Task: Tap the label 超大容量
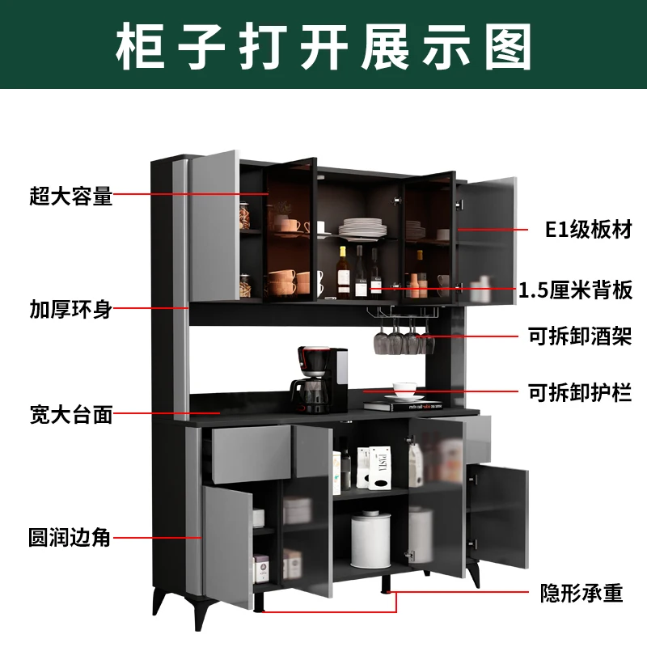tap(70, 195)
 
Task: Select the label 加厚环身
tap(70, 309)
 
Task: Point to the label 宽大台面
tap(70, 417)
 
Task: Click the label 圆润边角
tap(70, 536)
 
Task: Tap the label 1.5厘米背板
tap(575, 290)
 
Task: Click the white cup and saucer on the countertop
tap(404, 391)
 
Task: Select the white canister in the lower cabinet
tap(371, 540)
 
